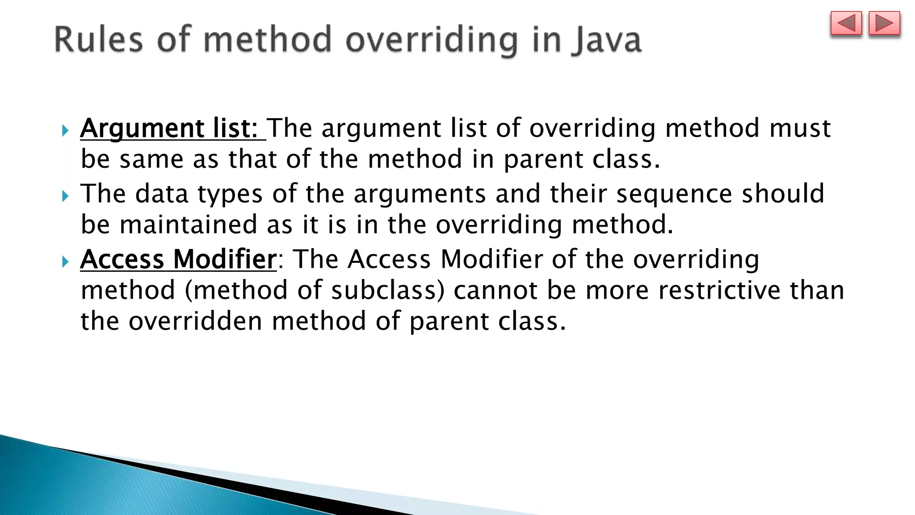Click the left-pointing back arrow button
[x=846, y=24]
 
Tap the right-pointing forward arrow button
[x=884, y=24]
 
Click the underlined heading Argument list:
[x=172, y=128]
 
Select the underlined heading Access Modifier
[x=178, y=259]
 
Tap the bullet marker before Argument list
[x=65, y=131]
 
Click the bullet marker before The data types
[x=65, y=196]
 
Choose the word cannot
[x=495, y=290]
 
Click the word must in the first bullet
[x=800, y=128]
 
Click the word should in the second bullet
[x=783, y=194]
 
